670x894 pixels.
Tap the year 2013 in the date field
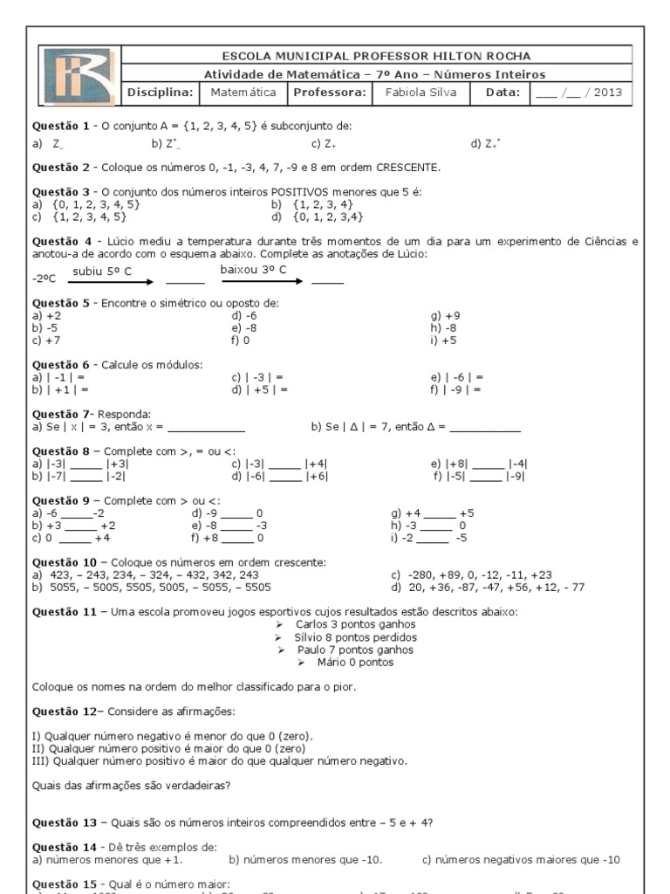608,93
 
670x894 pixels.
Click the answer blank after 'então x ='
207,428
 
